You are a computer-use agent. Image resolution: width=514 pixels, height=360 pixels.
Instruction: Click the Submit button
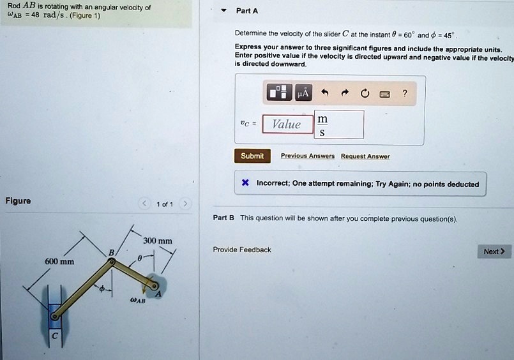pyautogui.click(x=252, y=156)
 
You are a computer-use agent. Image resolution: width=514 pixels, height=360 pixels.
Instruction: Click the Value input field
pyautogui.click(x=287, y=124)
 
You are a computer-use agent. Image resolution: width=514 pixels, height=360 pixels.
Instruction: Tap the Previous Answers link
pyautogui.click(x=303, y=156)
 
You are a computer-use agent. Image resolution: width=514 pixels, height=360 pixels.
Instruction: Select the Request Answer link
pyautogui.click(x=365, y=156)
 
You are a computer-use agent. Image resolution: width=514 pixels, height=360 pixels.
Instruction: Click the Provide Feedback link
pyautogui.click(x=242, y=250)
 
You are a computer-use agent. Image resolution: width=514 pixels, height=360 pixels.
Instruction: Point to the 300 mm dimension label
pyautogui.click(x=158, y=241)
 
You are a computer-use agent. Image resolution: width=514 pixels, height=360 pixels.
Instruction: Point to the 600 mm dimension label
pyautogui.click(x=59, y=262)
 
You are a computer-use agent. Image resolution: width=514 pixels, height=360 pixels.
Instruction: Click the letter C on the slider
pyautogui.click(x=55, y=336)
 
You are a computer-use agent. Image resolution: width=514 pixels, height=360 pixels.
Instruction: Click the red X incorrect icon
pyautogui.click(x=245, y=184)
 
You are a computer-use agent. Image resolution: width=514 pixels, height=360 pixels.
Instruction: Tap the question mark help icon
pyautogui.click(x=404, y=93)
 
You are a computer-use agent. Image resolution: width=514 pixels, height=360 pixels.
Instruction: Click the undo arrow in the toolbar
pyautogui.click(x=324, y=93)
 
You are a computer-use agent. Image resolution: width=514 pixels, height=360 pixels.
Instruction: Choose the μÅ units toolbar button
pyautogui.click(x=303, y=93)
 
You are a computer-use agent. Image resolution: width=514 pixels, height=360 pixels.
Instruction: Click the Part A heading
pyautogui.click(x=247, y=11)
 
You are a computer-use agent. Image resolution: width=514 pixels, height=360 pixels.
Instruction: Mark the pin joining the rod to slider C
pyautogui.click(x=55, y=315)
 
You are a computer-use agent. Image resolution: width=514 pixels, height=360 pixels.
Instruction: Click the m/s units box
pyautogui.click(x=339, y=125)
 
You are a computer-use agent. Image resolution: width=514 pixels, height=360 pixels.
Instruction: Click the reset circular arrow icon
pyautogui.click(x=364, y=93)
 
